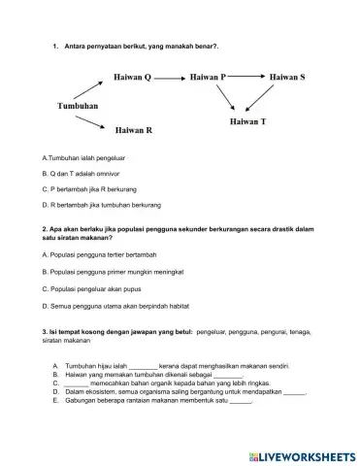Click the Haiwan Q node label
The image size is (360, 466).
click(133, 75)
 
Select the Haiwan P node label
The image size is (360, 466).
click(208, 75)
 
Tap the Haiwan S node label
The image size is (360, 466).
click(288, 75)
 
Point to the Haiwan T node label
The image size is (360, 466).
click(248, 123)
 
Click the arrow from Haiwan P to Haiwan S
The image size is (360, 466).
click(248, 75)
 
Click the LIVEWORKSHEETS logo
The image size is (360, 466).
click(297, 453)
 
